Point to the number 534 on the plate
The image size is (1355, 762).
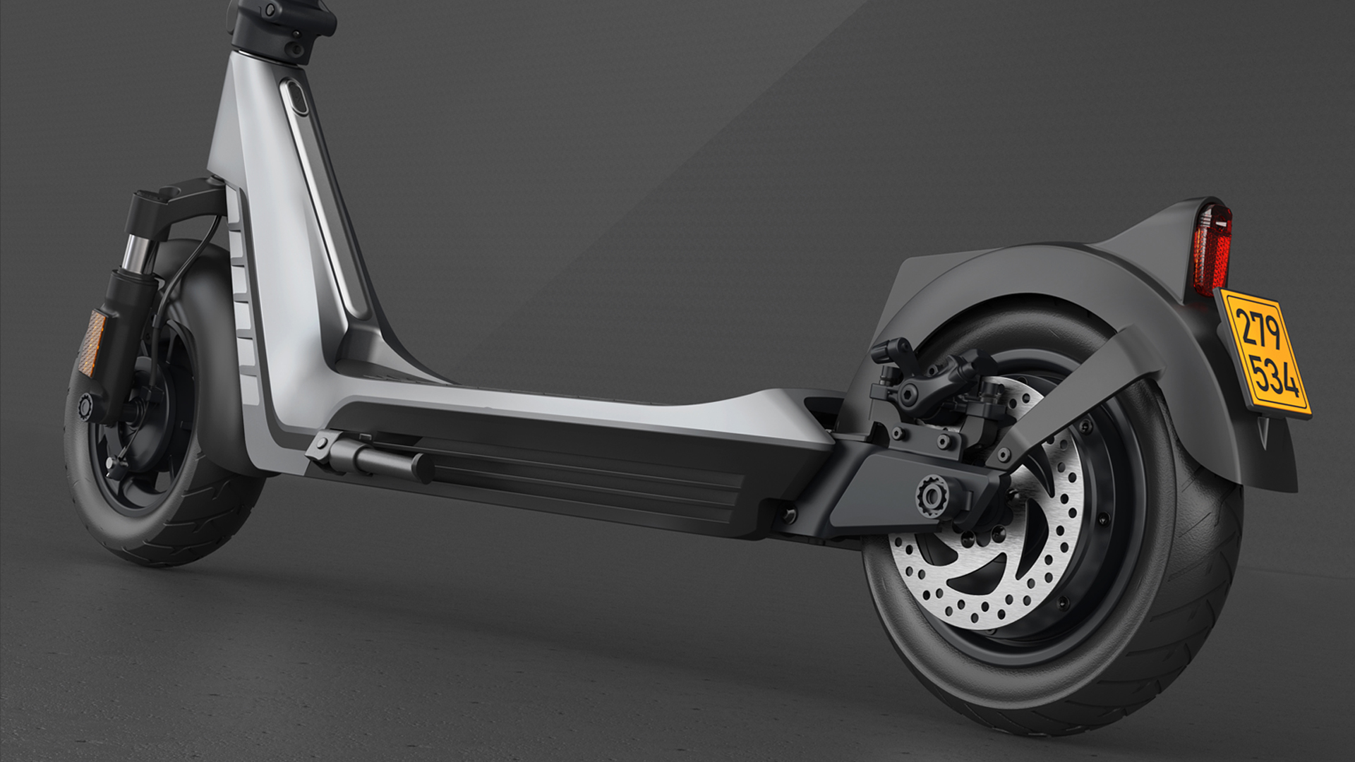coord(1274,377)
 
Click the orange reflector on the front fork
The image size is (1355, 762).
coord(92,343)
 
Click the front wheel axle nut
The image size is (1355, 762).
coord(85,406)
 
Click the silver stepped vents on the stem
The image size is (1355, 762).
coord(243,310)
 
